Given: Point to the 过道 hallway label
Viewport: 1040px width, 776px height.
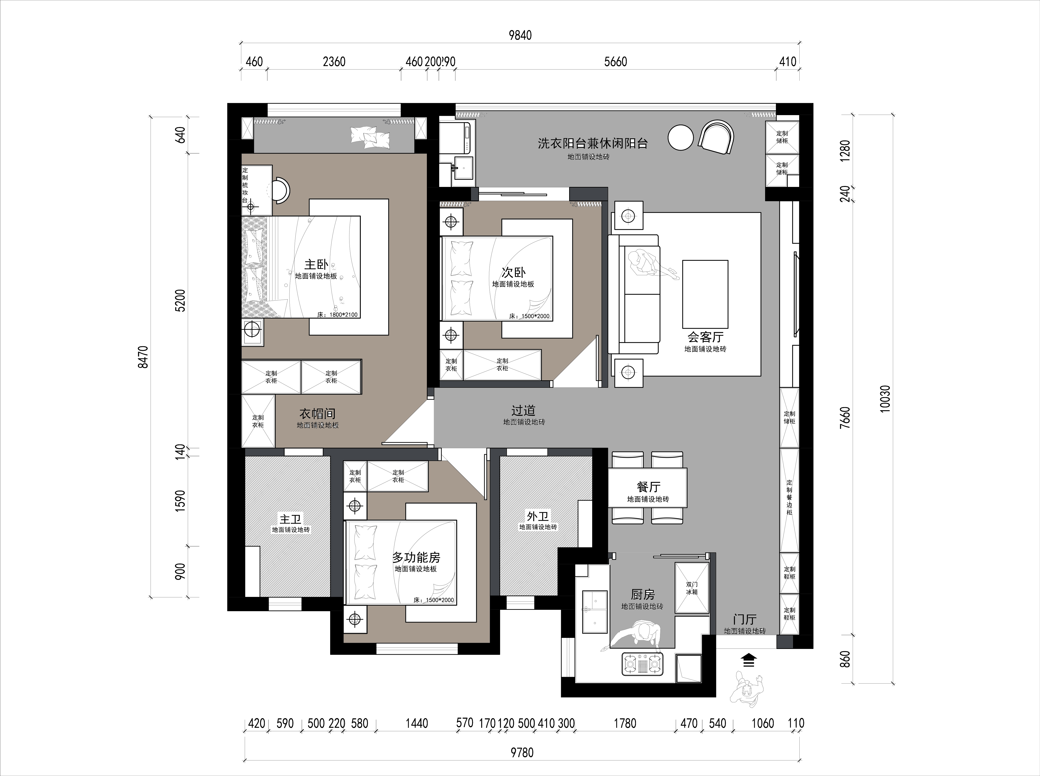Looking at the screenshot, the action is point(523,410).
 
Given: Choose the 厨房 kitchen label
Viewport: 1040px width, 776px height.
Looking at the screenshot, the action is point(643,595).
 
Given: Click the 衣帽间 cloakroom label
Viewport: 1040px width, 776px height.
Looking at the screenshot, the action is point(318,414).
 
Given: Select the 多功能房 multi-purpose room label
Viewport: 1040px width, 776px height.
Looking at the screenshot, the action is point(416,558).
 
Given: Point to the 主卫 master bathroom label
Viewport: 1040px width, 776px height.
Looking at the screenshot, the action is point(290,519).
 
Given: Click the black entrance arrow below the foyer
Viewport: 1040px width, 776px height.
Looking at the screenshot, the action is point(749,660).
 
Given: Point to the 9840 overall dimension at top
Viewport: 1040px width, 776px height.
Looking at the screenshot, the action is point(521,35).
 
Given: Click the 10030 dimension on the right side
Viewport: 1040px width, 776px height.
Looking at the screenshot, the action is point(885,399).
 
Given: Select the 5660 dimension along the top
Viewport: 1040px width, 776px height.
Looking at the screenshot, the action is point(615,61).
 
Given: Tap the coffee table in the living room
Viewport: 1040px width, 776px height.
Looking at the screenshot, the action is point(705,294).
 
